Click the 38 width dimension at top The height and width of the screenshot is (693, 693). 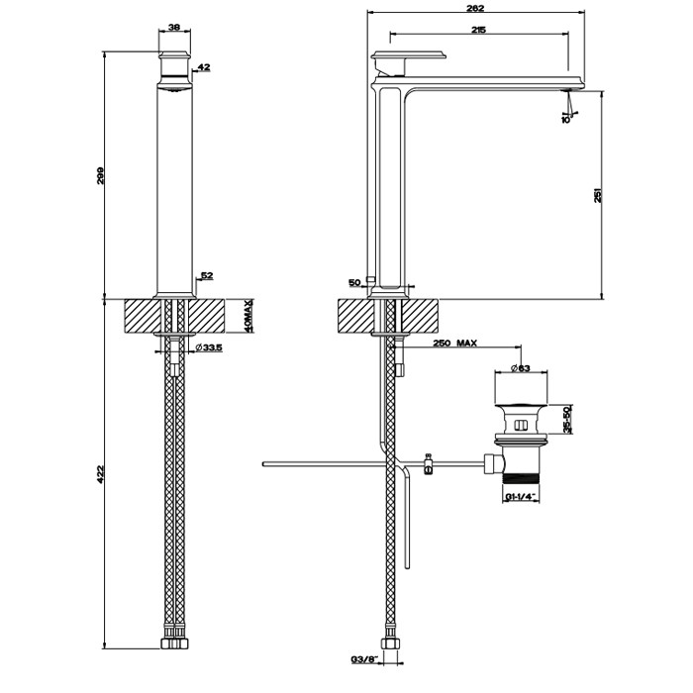click(x=174, y=29)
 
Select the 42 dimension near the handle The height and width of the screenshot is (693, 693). click(x=205, y=67)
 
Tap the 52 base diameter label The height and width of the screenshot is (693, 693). click(x=207, y=276)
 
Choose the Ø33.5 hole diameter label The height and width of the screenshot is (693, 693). click(x=209, y=346)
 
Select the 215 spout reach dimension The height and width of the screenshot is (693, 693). click(x=477, y=32)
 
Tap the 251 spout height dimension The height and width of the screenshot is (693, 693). click(x=598, y=195)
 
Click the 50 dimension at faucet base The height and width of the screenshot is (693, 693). click(x=353, y=283)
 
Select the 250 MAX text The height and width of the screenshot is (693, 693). click(x=455, y=344)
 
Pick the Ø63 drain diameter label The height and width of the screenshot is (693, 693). click(x=521, y=369)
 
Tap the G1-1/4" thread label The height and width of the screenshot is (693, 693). click(x=519, y=495)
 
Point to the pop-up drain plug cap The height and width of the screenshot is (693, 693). click(x=521, y=406)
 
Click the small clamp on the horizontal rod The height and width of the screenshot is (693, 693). click(x=428, y=463)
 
